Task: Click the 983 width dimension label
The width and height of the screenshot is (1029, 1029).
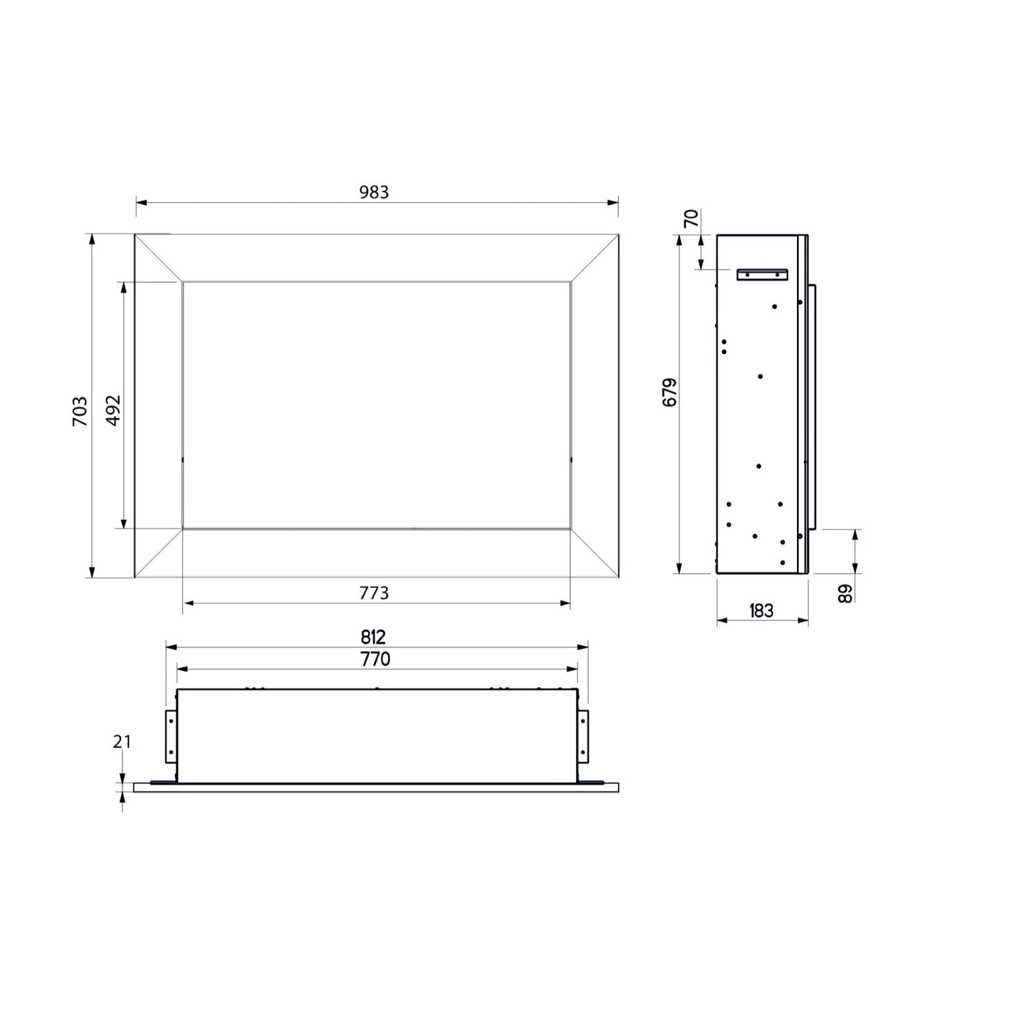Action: [374, 192]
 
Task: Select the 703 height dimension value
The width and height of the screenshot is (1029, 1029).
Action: [80, 411]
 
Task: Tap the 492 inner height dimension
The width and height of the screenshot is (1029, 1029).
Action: [114, 410]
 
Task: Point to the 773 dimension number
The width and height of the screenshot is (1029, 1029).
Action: [374, 592]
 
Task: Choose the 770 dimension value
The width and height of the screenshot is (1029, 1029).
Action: [375, 659]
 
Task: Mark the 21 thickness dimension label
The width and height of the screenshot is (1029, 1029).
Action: [121, 741]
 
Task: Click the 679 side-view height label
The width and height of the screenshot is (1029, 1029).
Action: [669, 392]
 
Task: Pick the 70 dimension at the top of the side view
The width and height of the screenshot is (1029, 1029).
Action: [691, 219]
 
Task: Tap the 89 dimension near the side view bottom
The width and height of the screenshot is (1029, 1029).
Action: [845, 593]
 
